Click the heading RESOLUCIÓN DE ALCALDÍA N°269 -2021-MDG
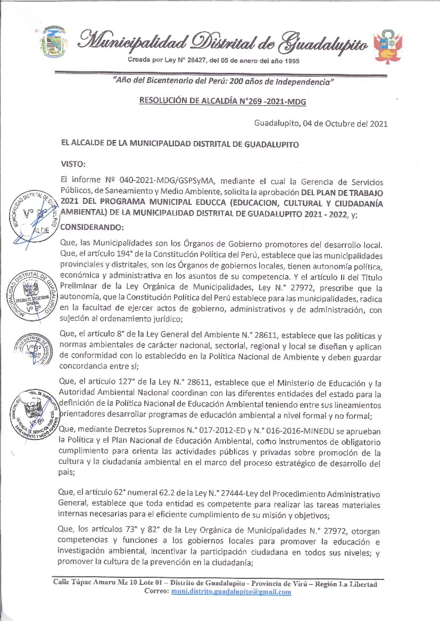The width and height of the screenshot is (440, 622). tap(222, 100)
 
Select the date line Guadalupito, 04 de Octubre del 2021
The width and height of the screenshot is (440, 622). tap(321, 124)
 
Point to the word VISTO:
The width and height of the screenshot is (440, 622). tap(73, 164)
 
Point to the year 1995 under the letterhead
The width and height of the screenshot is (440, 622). tap(289, 61)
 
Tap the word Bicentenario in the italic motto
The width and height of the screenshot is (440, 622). tap(165, 82)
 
